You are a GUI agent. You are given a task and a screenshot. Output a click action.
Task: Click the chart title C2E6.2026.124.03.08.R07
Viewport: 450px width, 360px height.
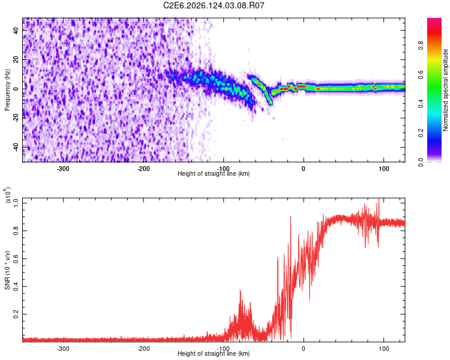(214, 5)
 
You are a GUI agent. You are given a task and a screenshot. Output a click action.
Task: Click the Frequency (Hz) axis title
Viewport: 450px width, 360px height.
(7, 90)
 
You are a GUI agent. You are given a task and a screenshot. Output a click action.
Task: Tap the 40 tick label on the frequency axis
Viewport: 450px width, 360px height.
(16, 30)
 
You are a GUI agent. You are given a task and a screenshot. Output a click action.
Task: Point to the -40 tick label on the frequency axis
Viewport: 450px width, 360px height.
(16, 147)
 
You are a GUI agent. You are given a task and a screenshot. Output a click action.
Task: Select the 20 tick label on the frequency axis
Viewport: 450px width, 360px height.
(16, 59)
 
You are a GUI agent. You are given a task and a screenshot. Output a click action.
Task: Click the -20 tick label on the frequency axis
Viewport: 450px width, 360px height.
(16, 118)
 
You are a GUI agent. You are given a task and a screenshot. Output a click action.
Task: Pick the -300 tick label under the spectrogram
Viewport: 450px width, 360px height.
(63, 169)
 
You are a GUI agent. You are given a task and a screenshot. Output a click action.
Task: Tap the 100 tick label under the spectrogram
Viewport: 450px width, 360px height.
(384, 169)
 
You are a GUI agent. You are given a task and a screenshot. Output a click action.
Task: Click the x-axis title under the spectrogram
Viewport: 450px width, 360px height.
(214, 173)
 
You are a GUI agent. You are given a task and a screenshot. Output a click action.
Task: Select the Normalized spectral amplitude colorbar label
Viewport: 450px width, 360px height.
(445, 90)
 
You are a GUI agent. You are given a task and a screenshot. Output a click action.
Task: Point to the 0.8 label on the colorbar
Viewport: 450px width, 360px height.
(421, 46)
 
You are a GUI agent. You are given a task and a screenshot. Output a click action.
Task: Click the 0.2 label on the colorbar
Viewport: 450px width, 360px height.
(421, 133)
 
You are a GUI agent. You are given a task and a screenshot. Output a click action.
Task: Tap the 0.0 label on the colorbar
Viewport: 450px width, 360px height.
(421, 162)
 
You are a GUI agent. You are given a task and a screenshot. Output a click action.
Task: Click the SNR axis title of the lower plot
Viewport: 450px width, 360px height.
(7, 270)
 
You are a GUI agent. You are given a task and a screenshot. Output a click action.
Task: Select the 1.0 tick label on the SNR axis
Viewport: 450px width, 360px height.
(16, 203)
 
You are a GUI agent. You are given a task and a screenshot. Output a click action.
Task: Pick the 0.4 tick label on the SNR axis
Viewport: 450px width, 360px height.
(16, 286)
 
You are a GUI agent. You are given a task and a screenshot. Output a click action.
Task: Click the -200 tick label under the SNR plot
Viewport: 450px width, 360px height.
(143, 349)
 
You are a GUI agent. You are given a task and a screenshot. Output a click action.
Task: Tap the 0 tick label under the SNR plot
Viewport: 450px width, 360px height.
(304, 349)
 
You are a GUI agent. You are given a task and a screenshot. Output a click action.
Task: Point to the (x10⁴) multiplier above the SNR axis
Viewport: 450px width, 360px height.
(7, 195)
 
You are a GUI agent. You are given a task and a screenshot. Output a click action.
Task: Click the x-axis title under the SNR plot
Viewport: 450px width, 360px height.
(214, 353)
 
